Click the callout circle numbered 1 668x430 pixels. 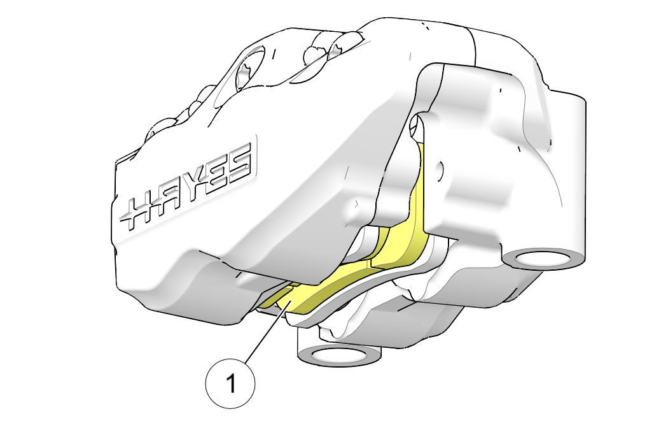230,383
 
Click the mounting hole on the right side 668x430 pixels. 543,259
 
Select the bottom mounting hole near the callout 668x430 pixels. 339,355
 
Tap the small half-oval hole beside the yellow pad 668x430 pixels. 439,171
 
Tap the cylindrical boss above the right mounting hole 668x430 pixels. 562,171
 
